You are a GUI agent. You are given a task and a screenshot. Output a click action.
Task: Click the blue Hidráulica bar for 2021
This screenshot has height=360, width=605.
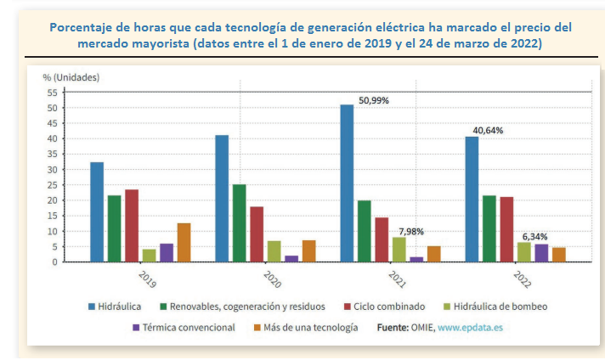tap(347, 183)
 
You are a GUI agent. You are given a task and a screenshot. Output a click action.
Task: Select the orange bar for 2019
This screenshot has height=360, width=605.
tap(184, 242)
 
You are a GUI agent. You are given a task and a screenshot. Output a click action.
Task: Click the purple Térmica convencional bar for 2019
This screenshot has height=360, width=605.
tap(167, 252)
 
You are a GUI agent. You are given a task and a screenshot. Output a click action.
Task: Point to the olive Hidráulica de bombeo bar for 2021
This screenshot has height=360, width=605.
tap(399, 249)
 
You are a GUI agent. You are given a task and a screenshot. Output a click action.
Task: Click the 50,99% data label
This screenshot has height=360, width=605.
tap(374, 100)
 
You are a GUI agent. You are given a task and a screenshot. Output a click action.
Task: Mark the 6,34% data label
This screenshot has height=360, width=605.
tap(534, 236)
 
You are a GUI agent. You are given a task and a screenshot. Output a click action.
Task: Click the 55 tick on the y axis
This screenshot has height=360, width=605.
tap(52, 93)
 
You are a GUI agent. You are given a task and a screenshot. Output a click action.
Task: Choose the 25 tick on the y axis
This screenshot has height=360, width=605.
tap(52, 185)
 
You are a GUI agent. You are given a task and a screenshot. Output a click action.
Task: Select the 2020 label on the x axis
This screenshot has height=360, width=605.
tap(269, 281)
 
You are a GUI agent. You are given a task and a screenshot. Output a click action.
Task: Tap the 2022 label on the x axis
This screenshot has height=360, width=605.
tap(520, 281)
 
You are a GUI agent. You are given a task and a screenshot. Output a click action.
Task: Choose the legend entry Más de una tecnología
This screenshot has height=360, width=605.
tap(309, 327)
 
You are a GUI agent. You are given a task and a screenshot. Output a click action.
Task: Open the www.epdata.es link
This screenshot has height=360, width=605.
tap(470, 327)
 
